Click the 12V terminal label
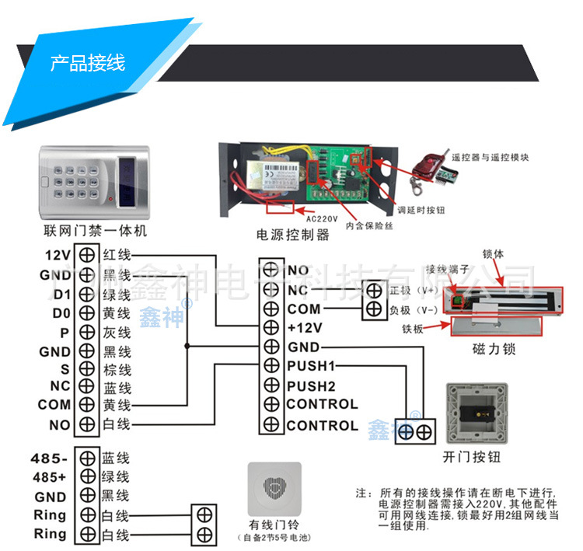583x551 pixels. coord(58,255)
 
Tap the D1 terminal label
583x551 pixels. coord(62,294)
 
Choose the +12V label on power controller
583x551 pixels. coord(305,327)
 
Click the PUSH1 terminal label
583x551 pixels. coord(310,365)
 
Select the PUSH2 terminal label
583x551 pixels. coord(310,385)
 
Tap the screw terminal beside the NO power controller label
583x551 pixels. coord(271,270)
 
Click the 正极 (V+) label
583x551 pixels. coord(412,291)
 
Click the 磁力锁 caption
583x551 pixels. coord(494,350)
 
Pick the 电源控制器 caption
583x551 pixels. coord(293,234)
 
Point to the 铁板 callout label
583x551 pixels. coord(413,329)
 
